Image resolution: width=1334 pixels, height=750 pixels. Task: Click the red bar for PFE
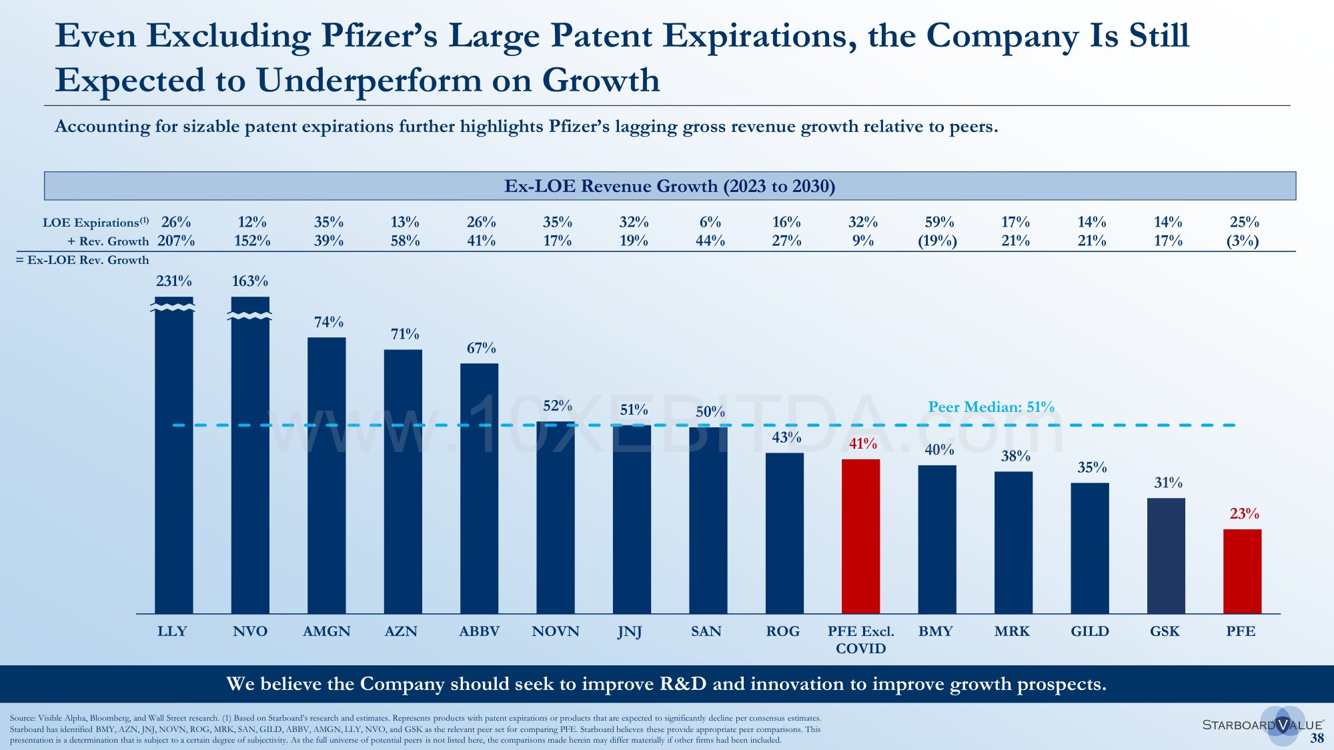tap(1242, 571)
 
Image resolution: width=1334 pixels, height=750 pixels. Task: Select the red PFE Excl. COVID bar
tap(860, 536)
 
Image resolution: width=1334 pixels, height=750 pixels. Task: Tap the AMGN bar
tap(327, 475)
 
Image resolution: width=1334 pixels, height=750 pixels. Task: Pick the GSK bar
tap(1166, 555)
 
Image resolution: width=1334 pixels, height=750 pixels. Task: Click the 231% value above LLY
tap(174, 281)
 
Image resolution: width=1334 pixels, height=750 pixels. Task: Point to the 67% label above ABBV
tap(481, 348)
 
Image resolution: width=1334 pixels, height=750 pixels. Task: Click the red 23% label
tap(1244, 513)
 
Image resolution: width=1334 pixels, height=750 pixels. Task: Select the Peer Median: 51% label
tap(991, 407)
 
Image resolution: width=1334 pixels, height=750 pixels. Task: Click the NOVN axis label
tap(556, 631)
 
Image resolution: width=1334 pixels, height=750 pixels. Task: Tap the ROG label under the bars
tap(783, 631)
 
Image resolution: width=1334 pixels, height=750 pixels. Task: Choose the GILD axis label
tap(1090, 631)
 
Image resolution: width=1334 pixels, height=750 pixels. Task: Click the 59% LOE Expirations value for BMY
tap(939, 222)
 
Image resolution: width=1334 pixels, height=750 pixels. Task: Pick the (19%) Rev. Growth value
tap(938, 241)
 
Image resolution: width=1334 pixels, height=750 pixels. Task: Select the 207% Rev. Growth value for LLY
tap(176, 241)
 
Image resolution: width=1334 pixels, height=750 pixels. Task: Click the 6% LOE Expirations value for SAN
tap(710, 222)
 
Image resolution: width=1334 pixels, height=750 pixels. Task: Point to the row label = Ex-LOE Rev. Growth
tap(82, 260)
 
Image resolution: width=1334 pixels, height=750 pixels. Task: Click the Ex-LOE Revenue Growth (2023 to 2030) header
tap(670, 186)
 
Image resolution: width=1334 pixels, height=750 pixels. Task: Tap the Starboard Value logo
tap(1263, 725)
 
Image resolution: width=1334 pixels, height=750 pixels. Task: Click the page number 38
tap(1317, 738)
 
